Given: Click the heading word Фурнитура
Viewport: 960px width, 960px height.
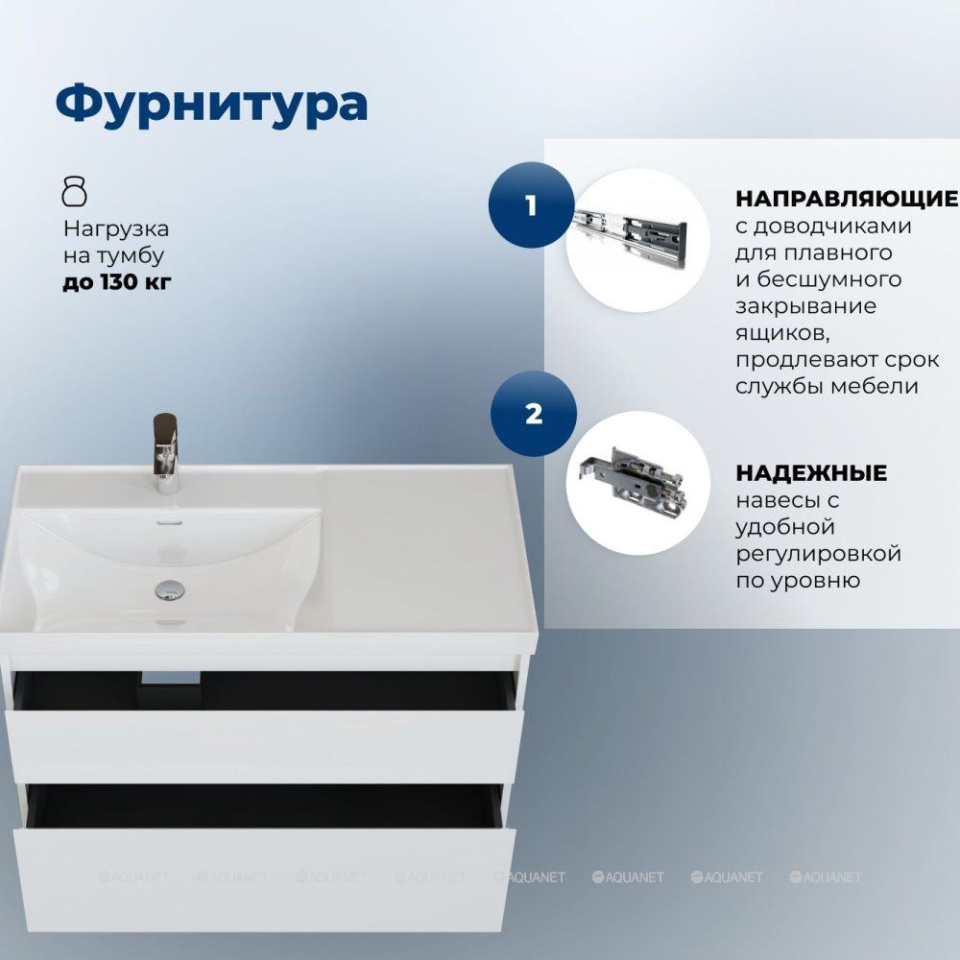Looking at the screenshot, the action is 211,104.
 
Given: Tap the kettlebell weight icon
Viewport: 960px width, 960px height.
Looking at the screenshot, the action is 75,190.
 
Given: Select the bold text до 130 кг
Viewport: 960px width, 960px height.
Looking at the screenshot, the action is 117,282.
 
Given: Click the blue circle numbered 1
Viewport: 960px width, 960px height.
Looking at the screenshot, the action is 531,205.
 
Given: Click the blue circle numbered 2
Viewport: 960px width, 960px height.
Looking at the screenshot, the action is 533,414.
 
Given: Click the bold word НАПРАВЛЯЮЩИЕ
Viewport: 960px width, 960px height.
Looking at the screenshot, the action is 847,199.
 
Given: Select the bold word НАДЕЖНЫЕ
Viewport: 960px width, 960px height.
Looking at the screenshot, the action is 811,473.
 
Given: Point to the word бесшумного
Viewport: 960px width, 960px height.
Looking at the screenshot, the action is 829,279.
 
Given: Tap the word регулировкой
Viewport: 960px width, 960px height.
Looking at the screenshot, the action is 819,554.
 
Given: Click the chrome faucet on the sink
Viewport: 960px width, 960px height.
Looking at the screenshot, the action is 166,453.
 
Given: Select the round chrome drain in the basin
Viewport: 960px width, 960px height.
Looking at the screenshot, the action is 170,590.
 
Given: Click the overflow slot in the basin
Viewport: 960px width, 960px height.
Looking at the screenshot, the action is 170,522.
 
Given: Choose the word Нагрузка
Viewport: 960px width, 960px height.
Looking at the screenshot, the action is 116,229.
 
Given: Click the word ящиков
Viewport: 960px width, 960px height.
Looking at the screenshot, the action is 782,334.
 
